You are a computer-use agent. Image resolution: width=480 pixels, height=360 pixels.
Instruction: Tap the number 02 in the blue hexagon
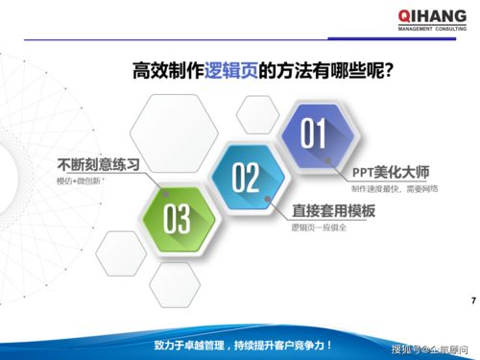(247, 178)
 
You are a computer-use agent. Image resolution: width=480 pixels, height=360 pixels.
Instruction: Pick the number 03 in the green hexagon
(177, 220)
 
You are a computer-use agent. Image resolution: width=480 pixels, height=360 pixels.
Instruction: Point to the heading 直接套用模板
(333, 210)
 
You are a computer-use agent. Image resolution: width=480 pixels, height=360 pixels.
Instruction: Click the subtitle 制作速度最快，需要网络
(395, 189)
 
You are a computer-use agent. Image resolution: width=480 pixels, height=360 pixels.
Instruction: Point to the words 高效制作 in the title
(169, 70)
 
